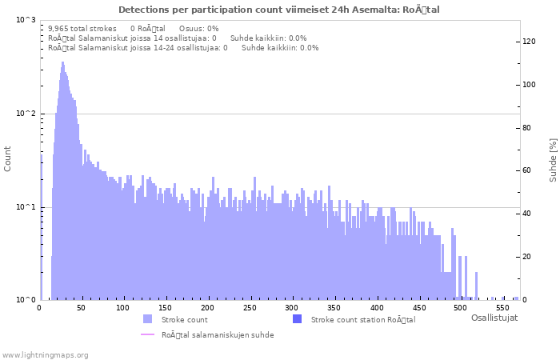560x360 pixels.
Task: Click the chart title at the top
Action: pyautogui.click(x=279, y=10)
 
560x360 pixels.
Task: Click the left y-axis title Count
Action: pyautogui.click(x=8, y=159)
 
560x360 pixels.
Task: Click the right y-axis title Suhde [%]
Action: pyautogui.click(x=553, y=159)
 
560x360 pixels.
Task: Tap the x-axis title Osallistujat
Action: pyautogui.click(x=494, y=318)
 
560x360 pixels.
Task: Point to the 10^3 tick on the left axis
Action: pyautogui.click(x=26, y=20)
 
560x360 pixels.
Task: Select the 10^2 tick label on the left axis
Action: pyautogui.click(x=26, y=114)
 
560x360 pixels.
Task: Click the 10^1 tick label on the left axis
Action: pyautogui.click(x=26, y=207)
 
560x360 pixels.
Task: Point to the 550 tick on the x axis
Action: pyautogui.click(x=502, y=307)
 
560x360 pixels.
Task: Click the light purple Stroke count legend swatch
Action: pyautogui.click(x=147, y=319)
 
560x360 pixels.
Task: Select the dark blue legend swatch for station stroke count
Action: pyautogui.click(x=297, y=319)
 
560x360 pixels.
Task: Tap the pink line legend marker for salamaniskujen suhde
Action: pyautogui.click(x=147, y=335)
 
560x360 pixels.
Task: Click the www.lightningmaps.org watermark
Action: pyautogui.click(x=45, y=354)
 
